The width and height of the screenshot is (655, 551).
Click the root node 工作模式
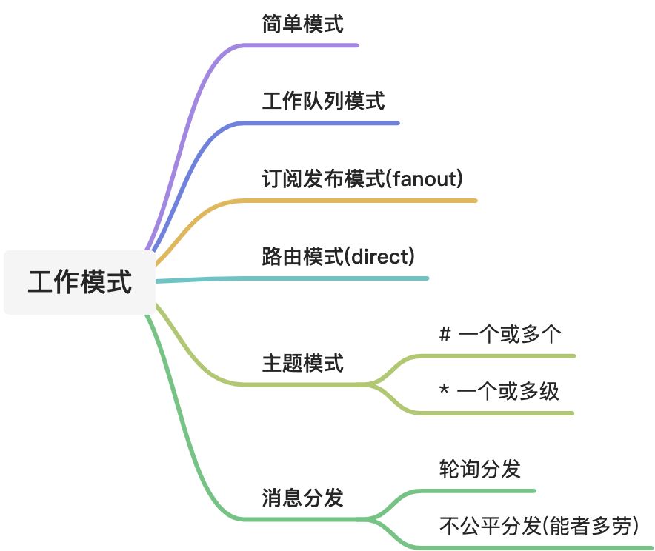(x=80, y=282)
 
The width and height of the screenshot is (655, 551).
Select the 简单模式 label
(x=302, y=24)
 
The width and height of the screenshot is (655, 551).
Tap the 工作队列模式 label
(x=323, y=101)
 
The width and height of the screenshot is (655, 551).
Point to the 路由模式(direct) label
(x=338, y=257)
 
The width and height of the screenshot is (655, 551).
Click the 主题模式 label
(x=302, y=364)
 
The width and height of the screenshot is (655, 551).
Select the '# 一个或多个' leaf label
(x=500, y=334)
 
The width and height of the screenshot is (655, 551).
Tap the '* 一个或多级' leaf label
(x=500, y=390)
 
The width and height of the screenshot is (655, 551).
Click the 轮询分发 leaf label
(x=479, y=469)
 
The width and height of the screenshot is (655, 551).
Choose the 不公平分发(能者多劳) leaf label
(x=539, y=526)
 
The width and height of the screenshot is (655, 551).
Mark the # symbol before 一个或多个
(x=445, y=334)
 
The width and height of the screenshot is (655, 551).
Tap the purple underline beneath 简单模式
(x=311, y=45)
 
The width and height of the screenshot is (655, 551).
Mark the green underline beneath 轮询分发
(x=482, y=490)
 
